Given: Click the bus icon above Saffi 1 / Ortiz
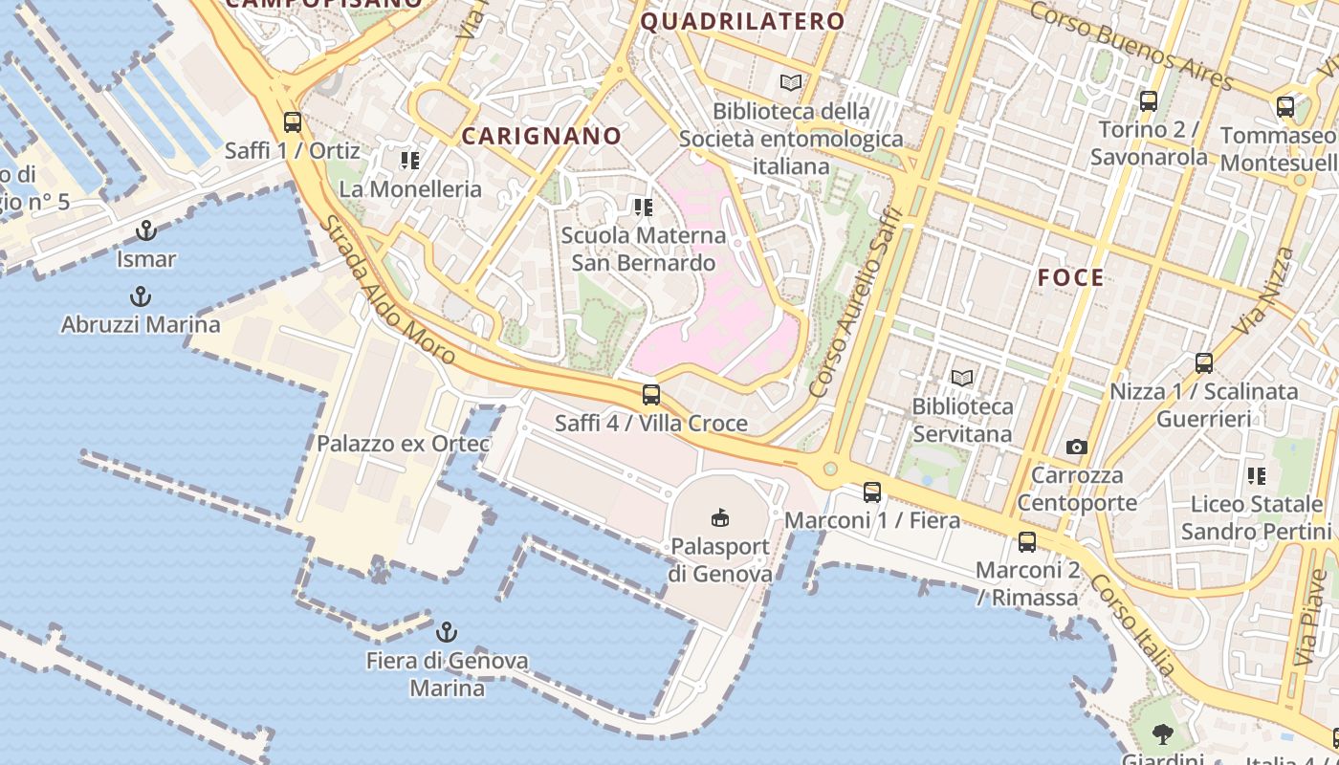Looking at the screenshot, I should [x=293, y=122].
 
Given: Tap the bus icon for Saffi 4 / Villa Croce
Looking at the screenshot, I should [x=651, y=394].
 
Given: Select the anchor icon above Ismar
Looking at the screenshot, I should [x=146, y=230].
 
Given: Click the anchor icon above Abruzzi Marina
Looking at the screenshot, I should [x=141, y=295].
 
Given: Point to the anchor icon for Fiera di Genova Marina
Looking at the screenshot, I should [x=447, y=632].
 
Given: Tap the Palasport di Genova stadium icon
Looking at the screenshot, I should [x=720, y=518].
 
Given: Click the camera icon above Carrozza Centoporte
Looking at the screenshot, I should [x=1077, y=447].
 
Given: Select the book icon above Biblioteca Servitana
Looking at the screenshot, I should [x=962, y=378].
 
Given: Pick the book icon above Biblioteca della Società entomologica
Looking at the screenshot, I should [x=791, y=83].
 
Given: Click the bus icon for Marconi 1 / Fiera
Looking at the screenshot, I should [x=872, y=492].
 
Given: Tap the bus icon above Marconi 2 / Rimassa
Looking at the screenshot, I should [x=1027, y=542].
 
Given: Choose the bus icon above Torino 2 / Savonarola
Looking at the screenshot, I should [x=1149, y=100].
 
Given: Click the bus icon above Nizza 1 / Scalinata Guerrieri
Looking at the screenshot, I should [x=1204, y=363].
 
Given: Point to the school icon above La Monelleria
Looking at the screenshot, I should [x=410, y=160].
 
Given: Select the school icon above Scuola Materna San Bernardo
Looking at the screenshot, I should [x=644, y=207].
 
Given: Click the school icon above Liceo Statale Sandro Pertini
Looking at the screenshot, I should [x=1257, y=475].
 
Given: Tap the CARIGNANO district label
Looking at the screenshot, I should [x=541, y=136].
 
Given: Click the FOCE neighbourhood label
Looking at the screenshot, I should [x=1071, y=278].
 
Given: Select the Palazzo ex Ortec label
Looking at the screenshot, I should [x=403, y=444].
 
